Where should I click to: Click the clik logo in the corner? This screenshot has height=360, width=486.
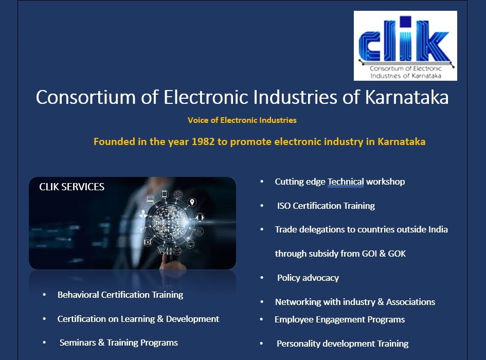point(405,46)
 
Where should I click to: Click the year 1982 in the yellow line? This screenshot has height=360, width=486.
point(203,142)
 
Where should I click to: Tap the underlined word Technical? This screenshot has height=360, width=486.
point(346,182)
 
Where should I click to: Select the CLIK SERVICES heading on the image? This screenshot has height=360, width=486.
point(72,187)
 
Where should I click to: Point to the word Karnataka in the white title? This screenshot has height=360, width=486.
point(407,97)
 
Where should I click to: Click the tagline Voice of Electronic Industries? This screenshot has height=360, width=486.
point(242,120)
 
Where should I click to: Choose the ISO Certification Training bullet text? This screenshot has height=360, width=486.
point(326,206)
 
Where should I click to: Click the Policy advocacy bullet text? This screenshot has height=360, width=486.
point(308,278)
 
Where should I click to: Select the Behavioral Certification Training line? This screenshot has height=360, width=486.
point(120,295)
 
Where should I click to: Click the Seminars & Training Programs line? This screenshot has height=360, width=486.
point(119,343)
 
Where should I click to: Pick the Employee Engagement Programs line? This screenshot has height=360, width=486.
point(340,320)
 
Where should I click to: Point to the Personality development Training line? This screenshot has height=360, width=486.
point(343,344)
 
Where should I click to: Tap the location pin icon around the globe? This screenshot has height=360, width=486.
point(192,203)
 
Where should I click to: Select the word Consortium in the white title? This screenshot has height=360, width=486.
point(86,97)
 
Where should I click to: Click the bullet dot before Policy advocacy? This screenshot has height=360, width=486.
point(262,278)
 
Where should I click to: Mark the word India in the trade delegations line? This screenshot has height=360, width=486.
point(438,229)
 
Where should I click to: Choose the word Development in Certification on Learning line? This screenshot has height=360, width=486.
point(192,319)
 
